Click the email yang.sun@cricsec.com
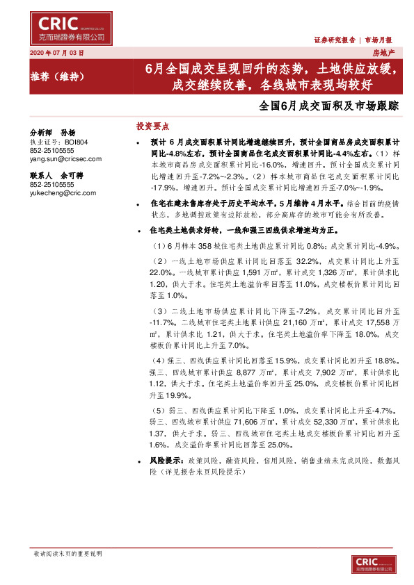pos(65,158)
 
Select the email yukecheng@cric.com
pos(63,193)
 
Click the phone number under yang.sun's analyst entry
pos(53,150)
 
